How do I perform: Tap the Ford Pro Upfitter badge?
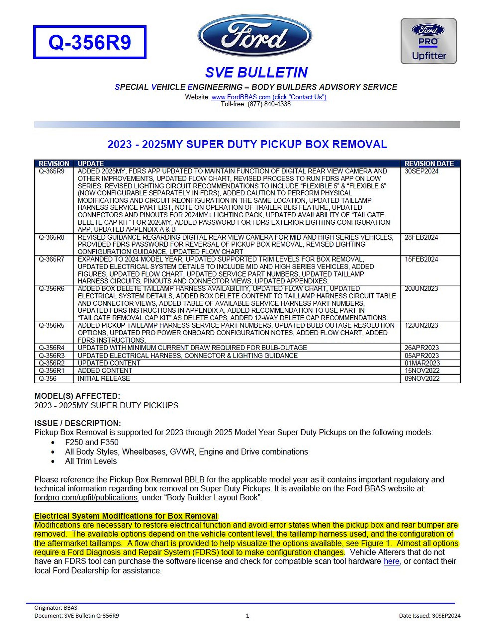pos(428,41)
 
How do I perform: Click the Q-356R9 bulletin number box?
pos(90,42)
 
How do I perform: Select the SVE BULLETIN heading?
pos(256,72)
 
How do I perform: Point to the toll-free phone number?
pos(255,104)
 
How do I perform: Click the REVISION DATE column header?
pos(429,163)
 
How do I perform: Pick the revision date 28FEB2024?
pos(421,237)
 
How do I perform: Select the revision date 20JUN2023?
pos(421,289)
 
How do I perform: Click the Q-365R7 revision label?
pos(51,259)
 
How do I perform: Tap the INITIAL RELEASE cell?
pos(104,378)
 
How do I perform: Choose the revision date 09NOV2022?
pos(422,378)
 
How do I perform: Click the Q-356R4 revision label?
pos(51,348)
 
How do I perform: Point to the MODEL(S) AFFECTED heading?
pos(77,396)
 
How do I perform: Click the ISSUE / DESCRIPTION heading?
pos(78,423)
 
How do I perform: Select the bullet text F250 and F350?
pos(92,442)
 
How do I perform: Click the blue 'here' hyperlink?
pos(391,561)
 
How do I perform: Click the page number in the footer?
pos(247,616)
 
